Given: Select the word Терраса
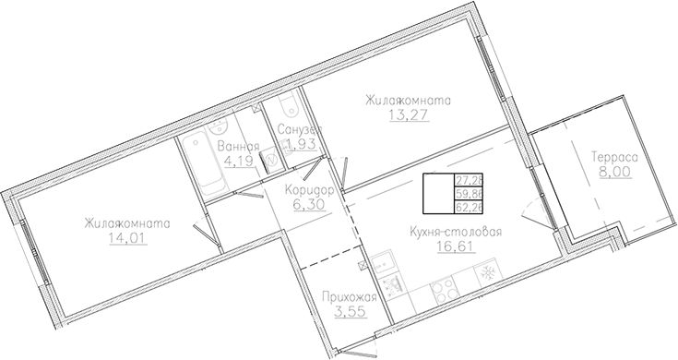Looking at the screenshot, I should pos(608,158).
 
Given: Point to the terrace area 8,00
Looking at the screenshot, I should pos(608,172).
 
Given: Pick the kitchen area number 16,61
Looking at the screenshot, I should pos(453,246).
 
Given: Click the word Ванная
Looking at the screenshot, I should pos(238,145).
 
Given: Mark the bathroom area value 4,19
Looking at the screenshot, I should pos(238,160).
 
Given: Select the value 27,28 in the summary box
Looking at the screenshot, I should pos(470,180).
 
